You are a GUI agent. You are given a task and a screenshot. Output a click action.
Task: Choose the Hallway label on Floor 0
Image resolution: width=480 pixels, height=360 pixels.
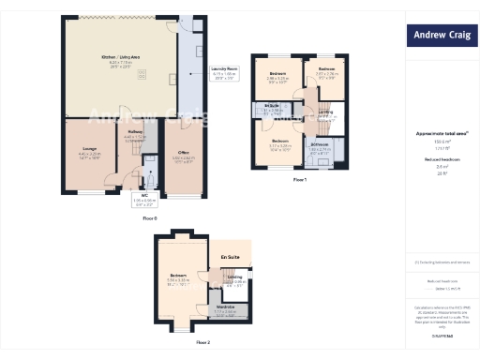134,133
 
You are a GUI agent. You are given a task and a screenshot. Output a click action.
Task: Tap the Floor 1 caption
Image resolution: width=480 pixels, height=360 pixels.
299,178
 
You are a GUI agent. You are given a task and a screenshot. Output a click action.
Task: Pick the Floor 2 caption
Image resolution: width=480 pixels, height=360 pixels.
202,343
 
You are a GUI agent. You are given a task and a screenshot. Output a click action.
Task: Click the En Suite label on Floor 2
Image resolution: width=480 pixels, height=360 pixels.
229,256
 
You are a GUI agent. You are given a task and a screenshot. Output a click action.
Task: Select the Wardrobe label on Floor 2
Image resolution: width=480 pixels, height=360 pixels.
225,306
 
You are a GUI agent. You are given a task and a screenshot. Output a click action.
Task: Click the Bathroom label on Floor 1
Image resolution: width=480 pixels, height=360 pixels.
319,144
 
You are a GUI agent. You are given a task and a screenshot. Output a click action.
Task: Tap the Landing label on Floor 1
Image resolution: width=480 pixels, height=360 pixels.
324,112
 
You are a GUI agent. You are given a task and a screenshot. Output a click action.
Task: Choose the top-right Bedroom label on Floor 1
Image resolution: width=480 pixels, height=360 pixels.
326,69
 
